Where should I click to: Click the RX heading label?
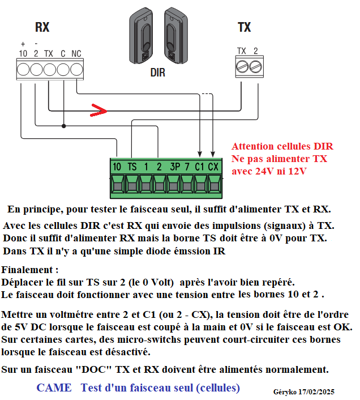pyautogui.click(x=42, y=27)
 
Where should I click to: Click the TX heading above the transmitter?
pyautogui.click(x=244, y=27)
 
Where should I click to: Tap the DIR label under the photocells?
pyautogui.click(x=158, y=73)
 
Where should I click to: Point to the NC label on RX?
pyautogui.click(x=76, y=54)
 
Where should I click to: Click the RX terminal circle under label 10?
pyautogui.click(x=23, y=69)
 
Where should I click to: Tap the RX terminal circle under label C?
pyautogui.click(x=63, y=69)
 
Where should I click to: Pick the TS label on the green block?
pyautogui.click(x=131, y=167)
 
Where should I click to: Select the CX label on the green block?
pyautogui.click(x=213, y=167)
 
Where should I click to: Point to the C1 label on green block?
pyautogui.click(x=200, y=167)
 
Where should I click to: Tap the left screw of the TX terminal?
pyautogui.click(x=242, y=67)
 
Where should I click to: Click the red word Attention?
pyautogui.click(x=252, y=146)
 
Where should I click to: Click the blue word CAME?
pyautogui.click(x=54, y=388)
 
